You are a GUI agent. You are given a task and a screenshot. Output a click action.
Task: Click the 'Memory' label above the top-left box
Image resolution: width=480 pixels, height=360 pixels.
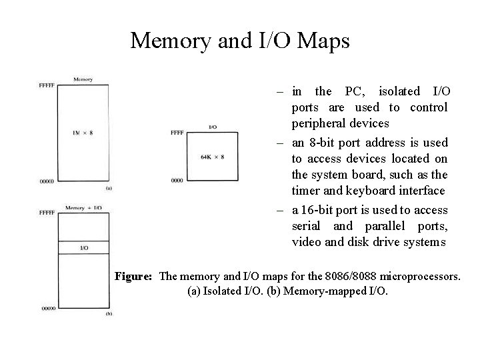point(83,79)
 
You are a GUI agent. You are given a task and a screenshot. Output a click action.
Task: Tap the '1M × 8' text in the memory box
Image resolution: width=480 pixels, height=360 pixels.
point(83,133)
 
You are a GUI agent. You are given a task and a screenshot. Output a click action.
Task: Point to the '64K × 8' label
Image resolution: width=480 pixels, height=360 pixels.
point(212,157)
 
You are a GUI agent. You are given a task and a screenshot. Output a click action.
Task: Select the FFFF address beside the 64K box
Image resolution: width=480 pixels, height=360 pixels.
point(177,133)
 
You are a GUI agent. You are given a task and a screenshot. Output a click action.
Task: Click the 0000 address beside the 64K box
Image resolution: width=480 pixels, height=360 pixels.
point(177,180)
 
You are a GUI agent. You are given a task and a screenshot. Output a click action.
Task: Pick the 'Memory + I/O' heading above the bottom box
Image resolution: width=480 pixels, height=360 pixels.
point(83,208)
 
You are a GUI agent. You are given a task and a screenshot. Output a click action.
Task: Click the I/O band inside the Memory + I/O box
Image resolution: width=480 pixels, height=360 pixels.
point(83,248)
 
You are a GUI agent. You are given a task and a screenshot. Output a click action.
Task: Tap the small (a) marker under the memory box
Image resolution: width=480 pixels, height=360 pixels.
point(109,188)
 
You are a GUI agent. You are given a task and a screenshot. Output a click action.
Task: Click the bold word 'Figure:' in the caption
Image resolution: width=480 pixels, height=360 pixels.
point(135,276)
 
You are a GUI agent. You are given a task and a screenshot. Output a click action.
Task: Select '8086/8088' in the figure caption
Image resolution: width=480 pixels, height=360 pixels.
point(351,276)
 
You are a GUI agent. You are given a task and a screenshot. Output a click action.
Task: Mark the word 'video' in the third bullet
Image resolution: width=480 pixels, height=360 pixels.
point(306,242)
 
